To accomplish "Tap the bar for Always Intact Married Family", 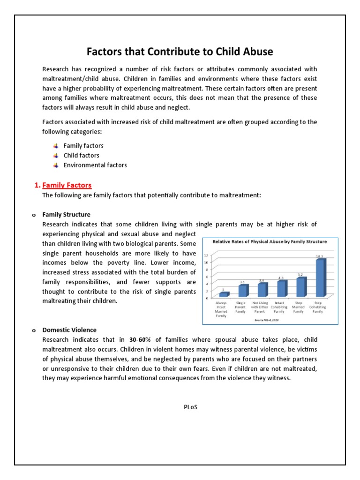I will click(224, 294).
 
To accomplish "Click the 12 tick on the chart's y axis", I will click(206, 255).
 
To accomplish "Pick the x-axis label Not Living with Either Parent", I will click(262, 307).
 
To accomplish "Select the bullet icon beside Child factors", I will click(56, 155).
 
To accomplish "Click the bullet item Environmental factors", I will click(95, 165).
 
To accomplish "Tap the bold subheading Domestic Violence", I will click(69, 330).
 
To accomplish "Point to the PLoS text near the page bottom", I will click(190, 407).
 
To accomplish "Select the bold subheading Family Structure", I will click(66, 215).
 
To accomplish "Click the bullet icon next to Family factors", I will click(56, 146).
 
